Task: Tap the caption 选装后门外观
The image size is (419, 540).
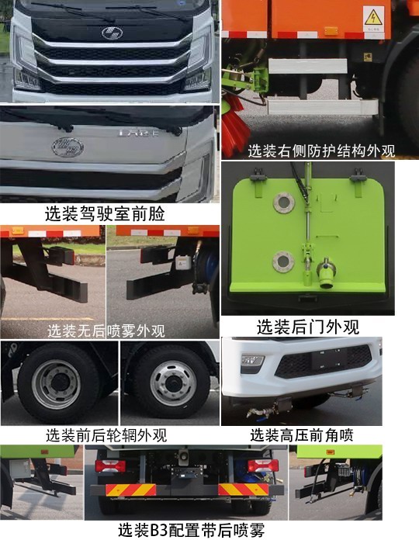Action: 307,326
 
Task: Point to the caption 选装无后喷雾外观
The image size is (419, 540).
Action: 106,331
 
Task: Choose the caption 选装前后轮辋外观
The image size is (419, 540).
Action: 106,434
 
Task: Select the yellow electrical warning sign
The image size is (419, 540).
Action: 373,17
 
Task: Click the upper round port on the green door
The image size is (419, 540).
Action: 282,204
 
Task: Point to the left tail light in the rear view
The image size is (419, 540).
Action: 109,466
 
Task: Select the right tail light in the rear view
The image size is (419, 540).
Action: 260,466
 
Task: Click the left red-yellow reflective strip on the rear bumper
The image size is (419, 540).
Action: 130,490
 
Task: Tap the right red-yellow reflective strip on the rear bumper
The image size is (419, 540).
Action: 243,490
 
